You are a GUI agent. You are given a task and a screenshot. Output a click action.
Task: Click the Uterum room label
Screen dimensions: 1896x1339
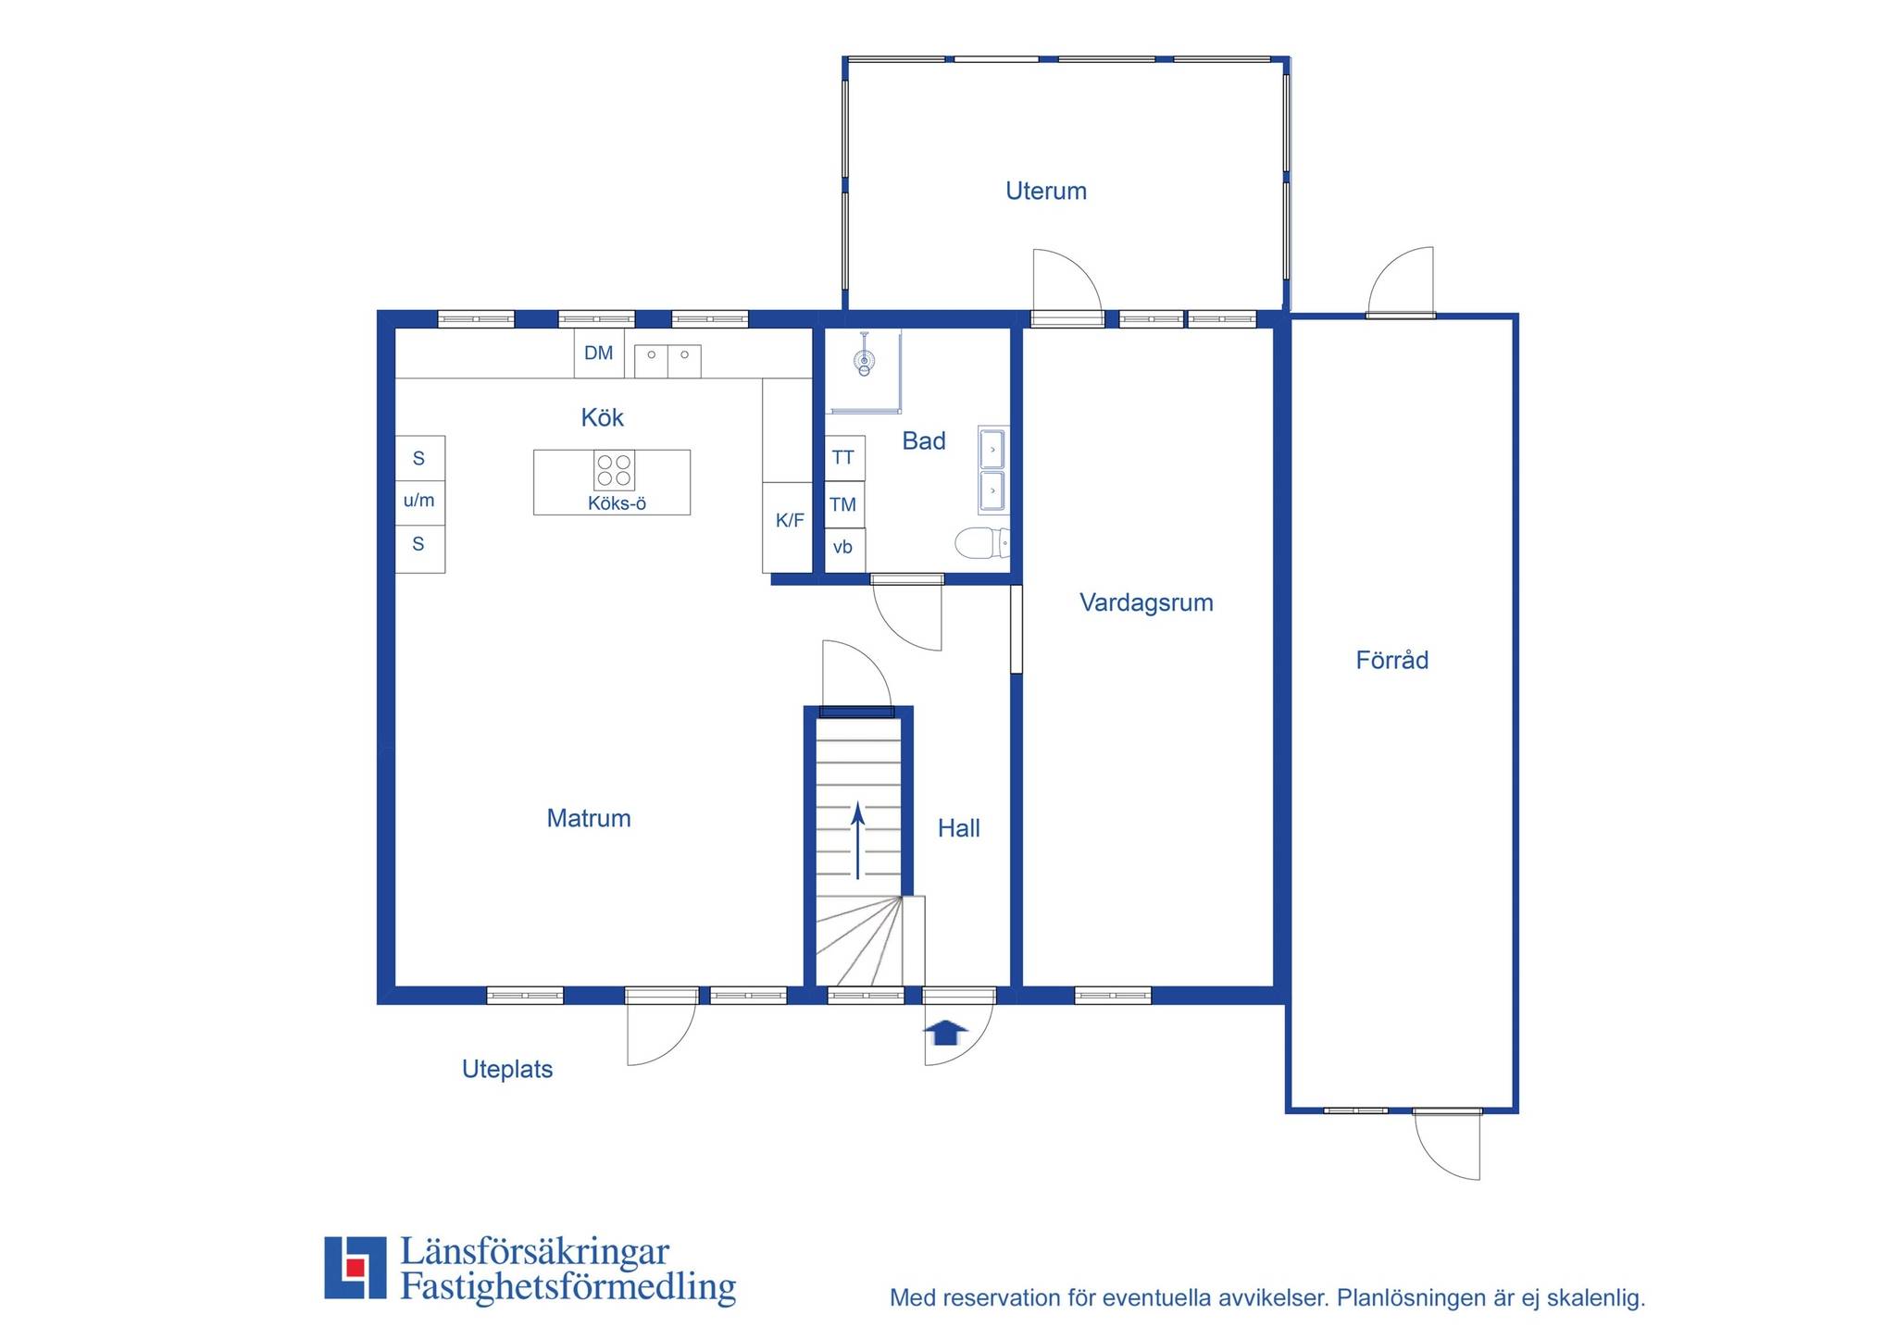[1046, 192]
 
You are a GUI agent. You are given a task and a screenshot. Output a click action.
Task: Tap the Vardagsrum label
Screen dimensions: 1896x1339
[1146, 603]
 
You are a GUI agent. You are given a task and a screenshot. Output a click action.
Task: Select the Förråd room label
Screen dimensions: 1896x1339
[1392, 660]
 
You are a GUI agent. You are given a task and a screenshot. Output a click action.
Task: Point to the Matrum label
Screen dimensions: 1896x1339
[589, 818]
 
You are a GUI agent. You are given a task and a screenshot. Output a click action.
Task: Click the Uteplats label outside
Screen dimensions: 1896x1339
[507, 1070]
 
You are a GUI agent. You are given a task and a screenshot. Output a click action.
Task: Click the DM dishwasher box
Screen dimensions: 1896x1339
[599, 353]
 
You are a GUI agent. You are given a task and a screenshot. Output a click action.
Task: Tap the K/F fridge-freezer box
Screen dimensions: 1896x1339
[789, 527]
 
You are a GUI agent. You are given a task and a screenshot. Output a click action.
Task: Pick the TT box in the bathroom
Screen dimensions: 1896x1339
[844, 457]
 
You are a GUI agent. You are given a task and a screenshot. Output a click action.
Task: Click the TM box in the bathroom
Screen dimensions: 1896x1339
[844, 504]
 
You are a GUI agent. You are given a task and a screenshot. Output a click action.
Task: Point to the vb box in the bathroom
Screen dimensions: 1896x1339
[844, 549]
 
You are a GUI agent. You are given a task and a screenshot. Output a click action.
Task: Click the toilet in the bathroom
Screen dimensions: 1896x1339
[981, 543]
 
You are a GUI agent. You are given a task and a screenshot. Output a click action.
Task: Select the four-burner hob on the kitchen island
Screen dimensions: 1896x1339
[614, 470]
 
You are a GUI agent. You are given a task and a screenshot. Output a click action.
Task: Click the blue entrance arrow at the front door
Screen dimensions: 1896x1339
[945, 1032]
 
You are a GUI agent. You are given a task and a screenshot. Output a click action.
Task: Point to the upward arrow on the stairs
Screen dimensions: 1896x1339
[858, 840]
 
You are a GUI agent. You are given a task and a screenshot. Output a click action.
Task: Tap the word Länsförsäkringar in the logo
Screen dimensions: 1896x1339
[534, 1252]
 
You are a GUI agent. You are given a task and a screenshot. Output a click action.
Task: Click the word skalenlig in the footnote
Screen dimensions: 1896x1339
[1596, 1298]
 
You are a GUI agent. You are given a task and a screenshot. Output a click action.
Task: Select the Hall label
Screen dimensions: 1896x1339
[959, 828]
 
